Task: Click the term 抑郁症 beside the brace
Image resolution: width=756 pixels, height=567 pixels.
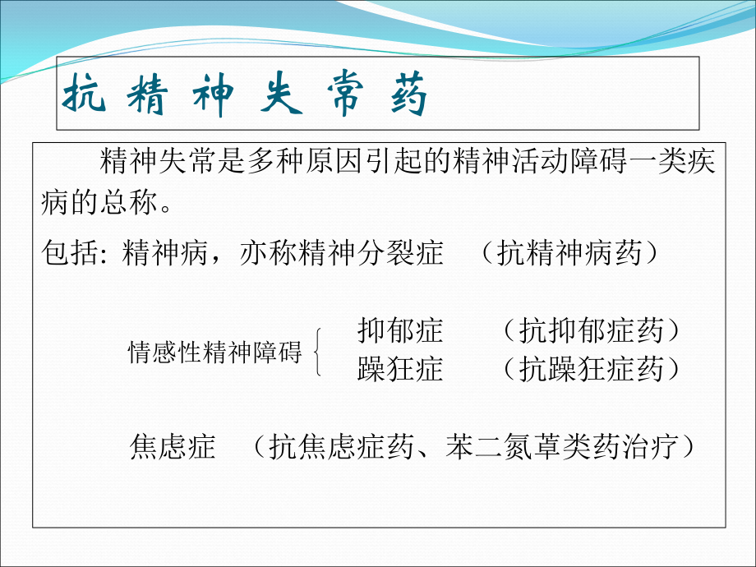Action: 400,331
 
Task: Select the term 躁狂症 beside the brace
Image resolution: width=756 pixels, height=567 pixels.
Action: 400,370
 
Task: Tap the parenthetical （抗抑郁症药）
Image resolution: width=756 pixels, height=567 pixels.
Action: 591,331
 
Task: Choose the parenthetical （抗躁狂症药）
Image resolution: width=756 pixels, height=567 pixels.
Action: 591,370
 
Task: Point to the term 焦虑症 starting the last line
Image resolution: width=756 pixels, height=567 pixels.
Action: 173,446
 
